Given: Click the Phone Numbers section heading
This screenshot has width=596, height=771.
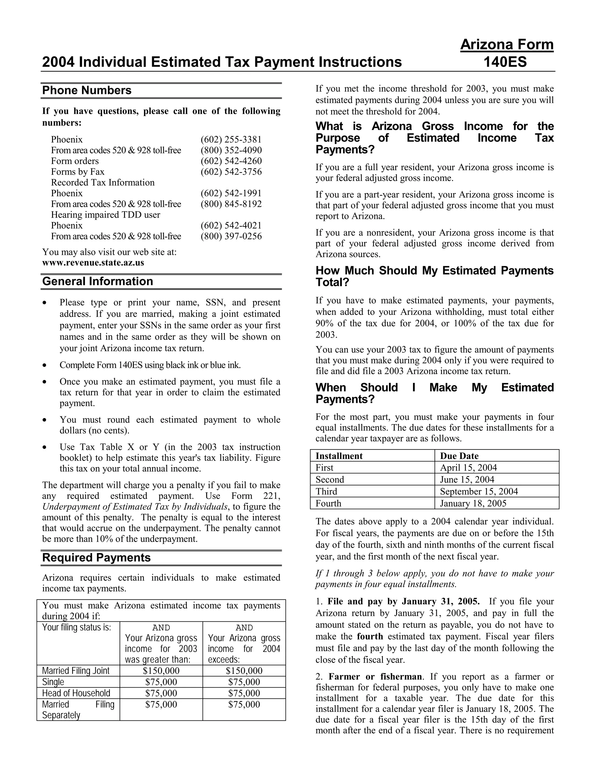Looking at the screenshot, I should [86, 90].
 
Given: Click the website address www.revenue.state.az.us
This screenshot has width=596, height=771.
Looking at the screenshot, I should [93, 263].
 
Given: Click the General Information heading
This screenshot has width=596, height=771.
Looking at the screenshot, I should [97, 281].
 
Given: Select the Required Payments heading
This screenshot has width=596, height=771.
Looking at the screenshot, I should [96, 558].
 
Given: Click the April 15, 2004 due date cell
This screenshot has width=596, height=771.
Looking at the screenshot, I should [468, 468].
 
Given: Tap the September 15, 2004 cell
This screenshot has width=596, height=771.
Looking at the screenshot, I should [479, 491].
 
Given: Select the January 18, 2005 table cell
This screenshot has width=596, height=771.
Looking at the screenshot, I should [473, 503].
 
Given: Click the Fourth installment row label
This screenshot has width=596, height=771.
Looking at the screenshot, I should [328, 503].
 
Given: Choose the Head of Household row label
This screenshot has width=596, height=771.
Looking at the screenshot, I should [76, 693].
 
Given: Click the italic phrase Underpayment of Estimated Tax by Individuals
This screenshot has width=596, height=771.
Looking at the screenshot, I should [134, 507].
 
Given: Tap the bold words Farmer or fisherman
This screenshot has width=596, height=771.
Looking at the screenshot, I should [375, 677].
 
